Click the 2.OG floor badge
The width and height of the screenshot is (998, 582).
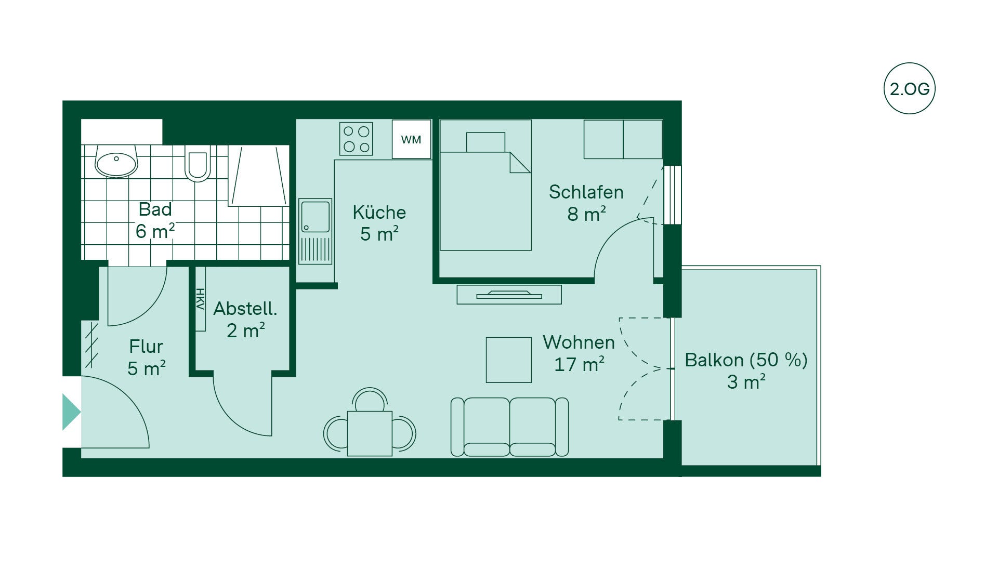click(909, 89)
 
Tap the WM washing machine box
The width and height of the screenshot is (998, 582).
click(411, 139)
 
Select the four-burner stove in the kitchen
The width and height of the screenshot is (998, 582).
click(356, 139)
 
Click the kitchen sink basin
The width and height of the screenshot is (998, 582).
click(316, 216)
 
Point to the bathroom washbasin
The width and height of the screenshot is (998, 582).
click(116, 162)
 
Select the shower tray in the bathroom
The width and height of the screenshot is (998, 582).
click(259, 176)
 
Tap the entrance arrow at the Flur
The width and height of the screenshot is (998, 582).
click(71, 412)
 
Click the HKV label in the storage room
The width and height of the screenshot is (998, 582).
click(200, 299)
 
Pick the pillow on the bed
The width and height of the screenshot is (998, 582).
click(485, 142)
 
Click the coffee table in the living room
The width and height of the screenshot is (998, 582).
click(508, 360)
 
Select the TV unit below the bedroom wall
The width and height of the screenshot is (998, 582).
click(509, 295)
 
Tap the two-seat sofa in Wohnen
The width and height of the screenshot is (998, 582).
click(509, 427)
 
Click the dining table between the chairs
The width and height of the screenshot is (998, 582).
click(370, 433)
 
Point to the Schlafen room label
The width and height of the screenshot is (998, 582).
click(586, 192)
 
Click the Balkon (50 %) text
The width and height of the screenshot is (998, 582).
click(746, 360)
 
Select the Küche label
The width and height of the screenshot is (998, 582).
click(379, 212)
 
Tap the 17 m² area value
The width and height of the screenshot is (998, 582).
click(579, 364)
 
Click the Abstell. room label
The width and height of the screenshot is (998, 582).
click(245, 309)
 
